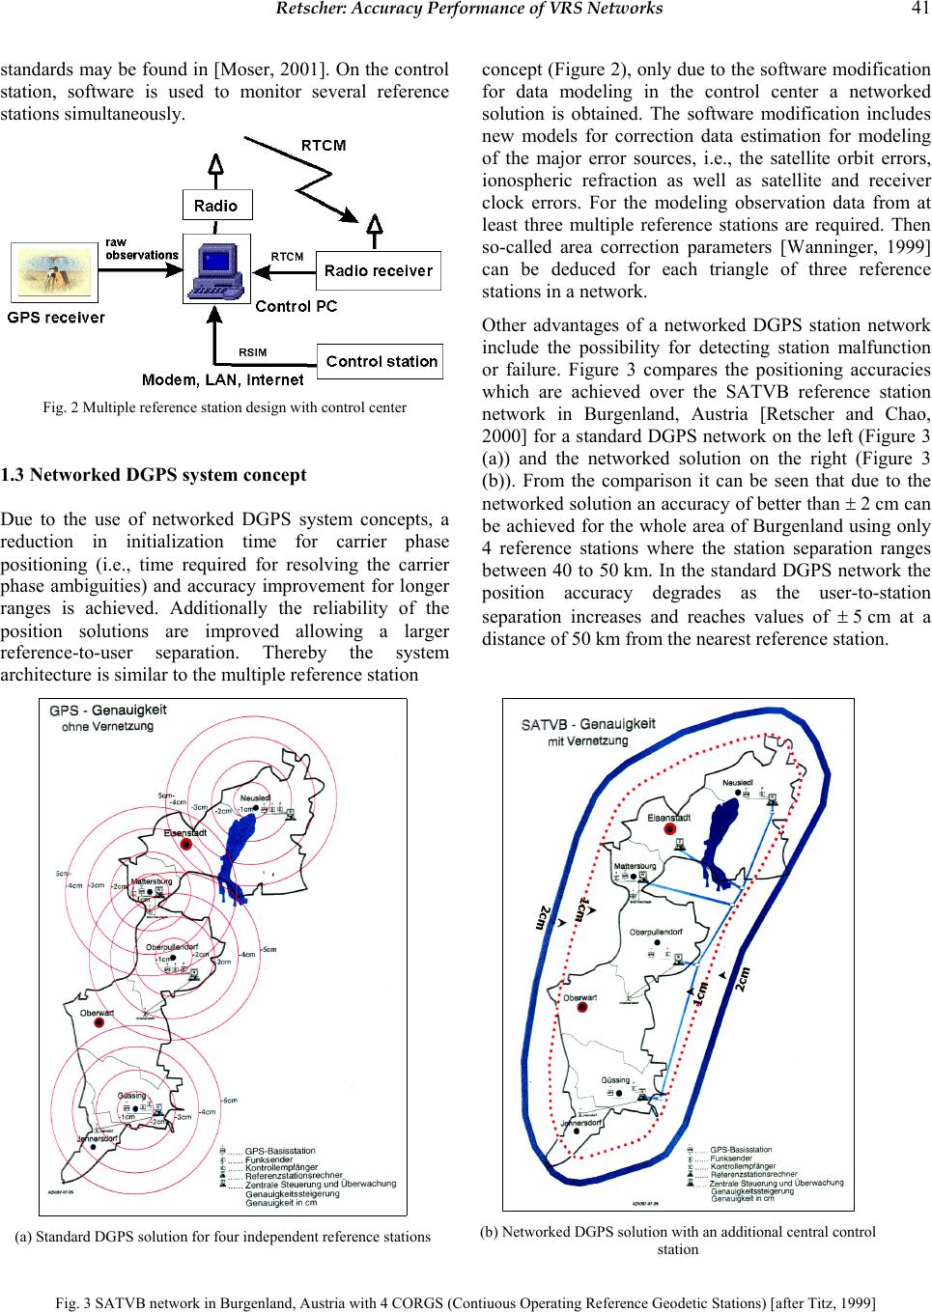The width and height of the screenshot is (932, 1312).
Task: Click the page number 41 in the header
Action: coord(918,9)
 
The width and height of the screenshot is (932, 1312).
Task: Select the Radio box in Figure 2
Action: coord(216,205)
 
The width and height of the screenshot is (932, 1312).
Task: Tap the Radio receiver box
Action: coord(379,270)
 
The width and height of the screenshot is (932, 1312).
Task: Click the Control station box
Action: coord(381,362)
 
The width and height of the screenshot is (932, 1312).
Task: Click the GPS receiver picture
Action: coord(54,272)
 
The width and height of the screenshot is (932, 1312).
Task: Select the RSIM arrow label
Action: coord(253,351)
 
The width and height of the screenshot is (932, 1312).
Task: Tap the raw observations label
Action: coord(141,249)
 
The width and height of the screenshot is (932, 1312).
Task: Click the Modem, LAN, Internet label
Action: coord(223,379)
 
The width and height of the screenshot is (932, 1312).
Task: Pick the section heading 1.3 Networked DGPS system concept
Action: coord(154,475)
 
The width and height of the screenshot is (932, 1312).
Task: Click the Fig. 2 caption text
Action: coord(225,407)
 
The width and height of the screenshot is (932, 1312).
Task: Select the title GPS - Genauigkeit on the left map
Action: coord(108,710)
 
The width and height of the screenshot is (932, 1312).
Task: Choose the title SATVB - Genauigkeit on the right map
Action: coord(588,724)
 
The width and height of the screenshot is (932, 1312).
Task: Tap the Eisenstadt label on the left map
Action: coord(184,832)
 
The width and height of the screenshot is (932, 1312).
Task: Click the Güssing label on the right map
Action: coord(615,1080)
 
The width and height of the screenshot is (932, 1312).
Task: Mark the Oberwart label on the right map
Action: coord(579,997)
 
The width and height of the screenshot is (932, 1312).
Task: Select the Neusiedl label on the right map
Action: coord(738,781)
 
